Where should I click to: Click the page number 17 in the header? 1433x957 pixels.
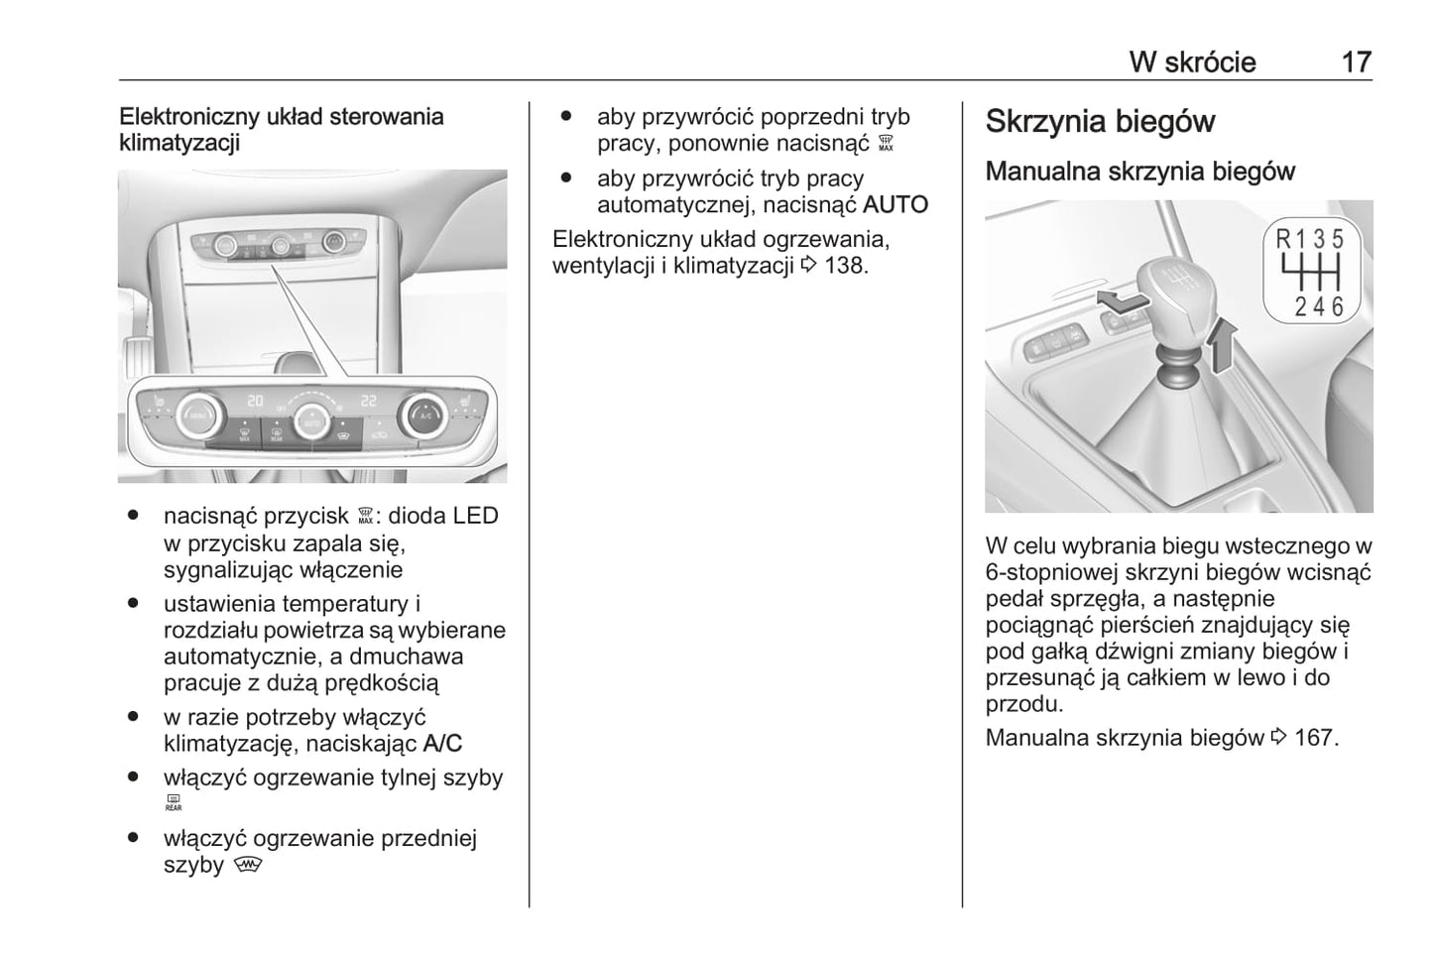click(x=1356, y=62)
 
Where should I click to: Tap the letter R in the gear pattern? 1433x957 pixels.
click(x=1283, y=240)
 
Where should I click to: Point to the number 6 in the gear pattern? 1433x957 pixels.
click(x=1337, y=306)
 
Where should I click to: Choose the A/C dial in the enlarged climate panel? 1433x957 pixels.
click(x=423, y=416)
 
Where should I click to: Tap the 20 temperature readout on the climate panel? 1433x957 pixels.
click(x=256, y=401)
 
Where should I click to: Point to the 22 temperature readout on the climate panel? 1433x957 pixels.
click(x=369, y=401)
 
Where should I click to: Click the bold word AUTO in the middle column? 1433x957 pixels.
click(x=896, y=205)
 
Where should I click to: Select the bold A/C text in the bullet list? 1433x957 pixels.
click(x=442, y=743)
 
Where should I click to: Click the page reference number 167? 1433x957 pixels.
click(x=1316, y=738)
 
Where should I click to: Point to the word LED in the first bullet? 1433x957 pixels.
click(x=475, y=516)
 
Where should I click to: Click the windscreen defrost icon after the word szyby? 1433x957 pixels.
click(x=247, y=865)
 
